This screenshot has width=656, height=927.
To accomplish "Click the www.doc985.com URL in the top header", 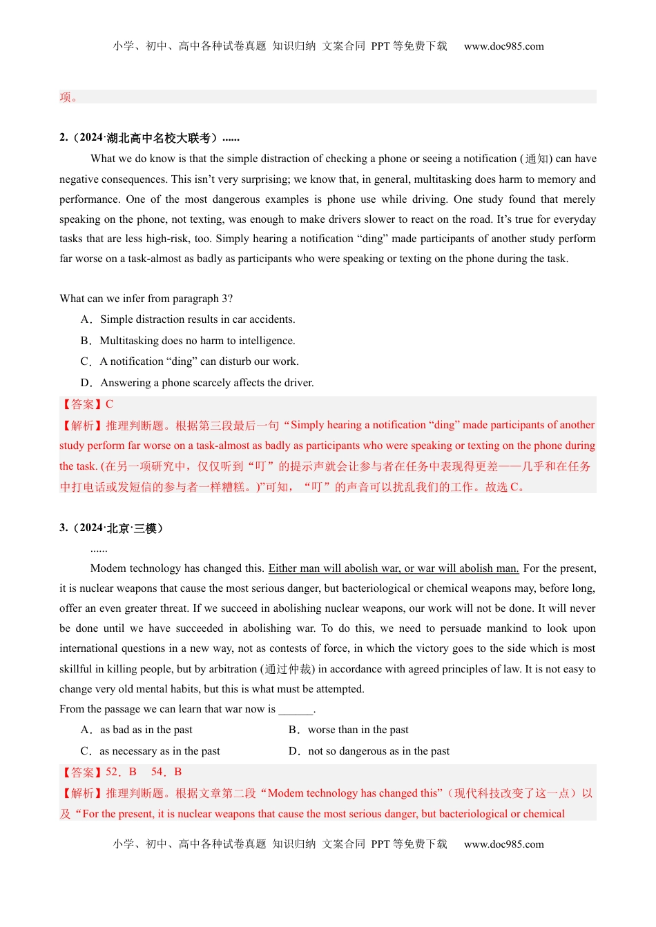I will click(x=503, y=46).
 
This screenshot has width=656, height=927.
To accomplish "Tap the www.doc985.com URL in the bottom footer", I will click(x=503, y=844).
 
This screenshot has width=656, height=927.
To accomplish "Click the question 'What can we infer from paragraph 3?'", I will click(x=146, y=299).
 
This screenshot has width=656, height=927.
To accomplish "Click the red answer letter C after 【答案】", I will click(x=109, y=404).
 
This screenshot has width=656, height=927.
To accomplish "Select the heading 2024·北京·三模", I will click(x=115, y=528).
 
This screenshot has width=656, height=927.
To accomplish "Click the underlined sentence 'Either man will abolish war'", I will click(x=393, y=568).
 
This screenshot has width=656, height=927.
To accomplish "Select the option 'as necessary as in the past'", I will click(x=160, y=751).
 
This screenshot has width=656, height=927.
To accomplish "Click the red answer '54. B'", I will click(x=166, y=772).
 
